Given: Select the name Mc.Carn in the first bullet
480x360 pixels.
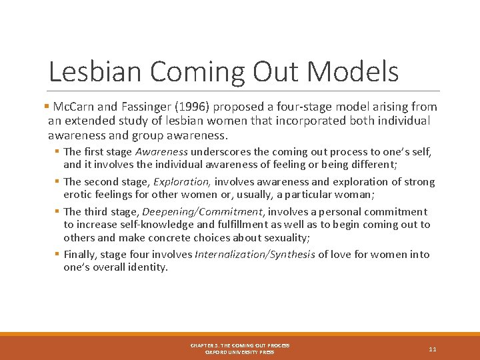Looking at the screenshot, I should coord(72,107).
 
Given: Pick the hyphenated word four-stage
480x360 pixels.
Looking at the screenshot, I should coord(289,107).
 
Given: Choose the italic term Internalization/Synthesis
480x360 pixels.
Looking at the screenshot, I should coord(255,254).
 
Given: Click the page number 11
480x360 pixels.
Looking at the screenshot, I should coord(433,349).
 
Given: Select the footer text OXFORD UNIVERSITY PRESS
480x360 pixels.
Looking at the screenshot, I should coord(240,352).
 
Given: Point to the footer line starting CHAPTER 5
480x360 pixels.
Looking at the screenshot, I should coord(240,345).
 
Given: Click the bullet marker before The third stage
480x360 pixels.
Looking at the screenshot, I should coord(57,211).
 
